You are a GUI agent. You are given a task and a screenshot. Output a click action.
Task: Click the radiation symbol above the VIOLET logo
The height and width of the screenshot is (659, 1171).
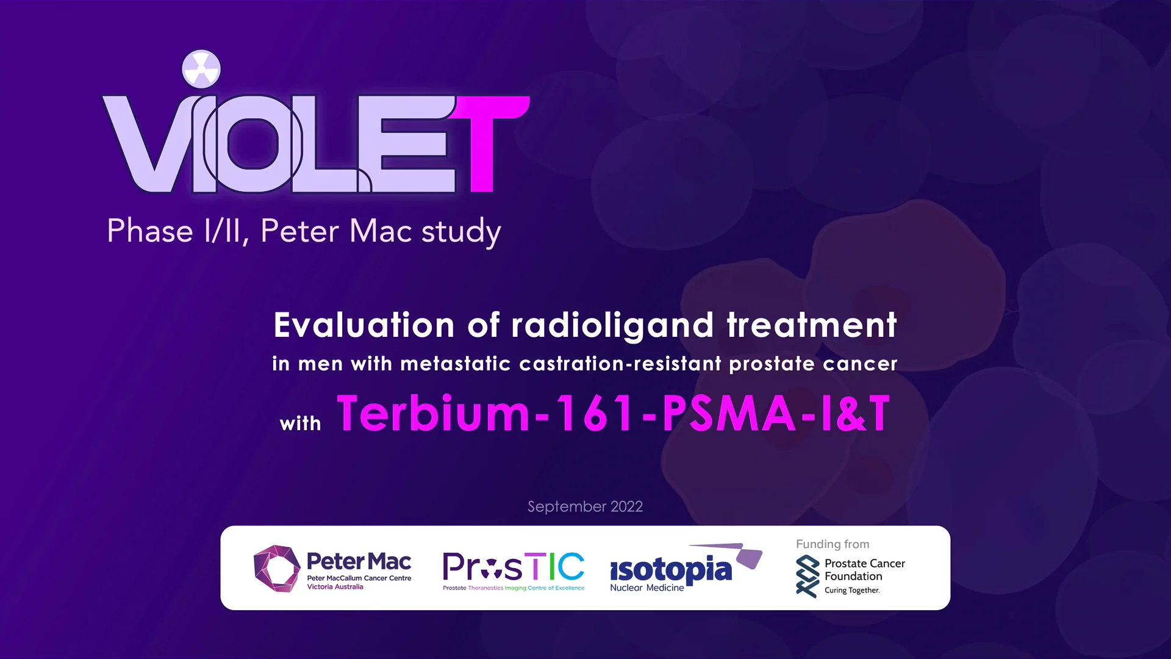(201, 69)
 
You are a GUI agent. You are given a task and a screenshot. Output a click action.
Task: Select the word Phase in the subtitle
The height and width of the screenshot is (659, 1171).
(150, 231)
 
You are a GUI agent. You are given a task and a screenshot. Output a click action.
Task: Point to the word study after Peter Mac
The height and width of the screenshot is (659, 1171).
(461, 232)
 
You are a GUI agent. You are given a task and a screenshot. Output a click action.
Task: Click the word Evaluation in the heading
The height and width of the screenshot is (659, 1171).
(364, 325)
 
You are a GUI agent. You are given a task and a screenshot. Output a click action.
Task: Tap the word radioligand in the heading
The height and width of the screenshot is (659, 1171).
(612, 326)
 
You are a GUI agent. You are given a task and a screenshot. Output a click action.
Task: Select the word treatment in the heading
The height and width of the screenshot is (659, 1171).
(812, 325)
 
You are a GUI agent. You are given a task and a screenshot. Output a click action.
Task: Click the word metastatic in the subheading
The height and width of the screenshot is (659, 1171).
(455, 364)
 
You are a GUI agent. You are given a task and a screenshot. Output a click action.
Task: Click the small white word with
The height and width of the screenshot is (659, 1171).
(300, 423)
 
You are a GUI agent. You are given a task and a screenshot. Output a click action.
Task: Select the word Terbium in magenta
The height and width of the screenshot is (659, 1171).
(433, 413)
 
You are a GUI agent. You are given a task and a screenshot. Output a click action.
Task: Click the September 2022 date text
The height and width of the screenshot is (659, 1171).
(585, 506)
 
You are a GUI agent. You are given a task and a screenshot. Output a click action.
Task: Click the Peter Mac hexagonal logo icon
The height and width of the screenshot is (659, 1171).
(276, 568)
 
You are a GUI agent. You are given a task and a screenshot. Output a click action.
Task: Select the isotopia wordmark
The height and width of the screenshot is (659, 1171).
(671, 569)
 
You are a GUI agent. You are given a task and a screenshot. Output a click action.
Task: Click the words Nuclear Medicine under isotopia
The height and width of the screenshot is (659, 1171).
(646, 588)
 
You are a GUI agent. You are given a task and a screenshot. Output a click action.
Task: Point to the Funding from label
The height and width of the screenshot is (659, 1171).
(833, 544)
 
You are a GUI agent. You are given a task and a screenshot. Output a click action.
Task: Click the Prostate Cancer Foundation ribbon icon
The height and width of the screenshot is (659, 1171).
(808, 576)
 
